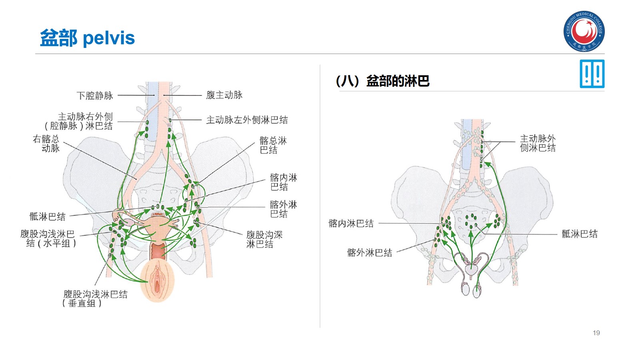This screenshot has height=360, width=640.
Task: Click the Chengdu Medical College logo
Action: coord(584,31)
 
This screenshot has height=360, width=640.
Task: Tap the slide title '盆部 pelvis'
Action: coord(87,38)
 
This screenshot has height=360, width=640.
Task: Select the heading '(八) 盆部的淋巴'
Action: coord(382,81)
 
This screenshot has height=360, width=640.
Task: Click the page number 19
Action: coord(596,333)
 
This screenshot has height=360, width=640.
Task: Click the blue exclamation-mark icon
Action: coord(592,74)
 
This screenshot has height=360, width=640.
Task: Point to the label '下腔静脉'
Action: coord(95,96)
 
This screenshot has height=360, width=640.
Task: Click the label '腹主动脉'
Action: coord(224,95)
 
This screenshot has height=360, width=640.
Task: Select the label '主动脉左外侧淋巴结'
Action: coord(247,120)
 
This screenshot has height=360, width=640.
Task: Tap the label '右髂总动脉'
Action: coord(46,144)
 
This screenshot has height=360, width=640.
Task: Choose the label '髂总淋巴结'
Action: coord(273,145)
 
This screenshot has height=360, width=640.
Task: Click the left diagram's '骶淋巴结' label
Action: coord(47,217)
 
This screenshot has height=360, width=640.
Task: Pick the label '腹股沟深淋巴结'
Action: coord(264,239)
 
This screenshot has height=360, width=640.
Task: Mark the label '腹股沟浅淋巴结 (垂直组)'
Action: coord(95,299)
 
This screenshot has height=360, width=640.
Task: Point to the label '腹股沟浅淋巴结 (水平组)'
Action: coord(48,238)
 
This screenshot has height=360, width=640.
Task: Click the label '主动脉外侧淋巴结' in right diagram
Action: coord(538,143)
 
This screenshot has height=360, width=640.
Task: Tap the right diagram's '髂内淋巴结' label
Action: coord(351,224)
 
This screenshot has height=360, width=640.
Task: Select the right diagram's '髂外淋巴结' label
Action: coord(369,253)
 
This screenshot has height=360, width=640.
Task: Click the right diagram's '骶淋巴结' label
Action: coord(579,234)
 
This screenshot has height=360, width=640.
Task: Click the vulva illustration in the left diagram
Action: coord(158,280)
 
